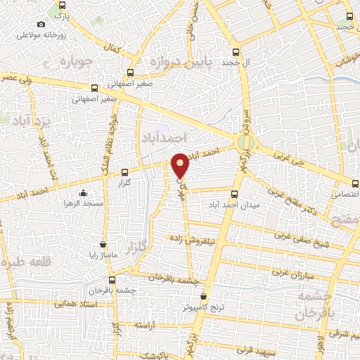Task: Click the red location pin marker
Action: coord(181,165)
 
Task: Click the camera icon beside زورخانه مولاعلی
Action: coord(41,23)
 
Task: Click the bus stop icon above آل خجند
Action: coord(236,52)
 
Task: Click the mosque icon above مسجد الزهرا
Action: coord(83,193)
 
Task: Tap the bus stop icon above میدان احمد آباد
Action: coord(235,195)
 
